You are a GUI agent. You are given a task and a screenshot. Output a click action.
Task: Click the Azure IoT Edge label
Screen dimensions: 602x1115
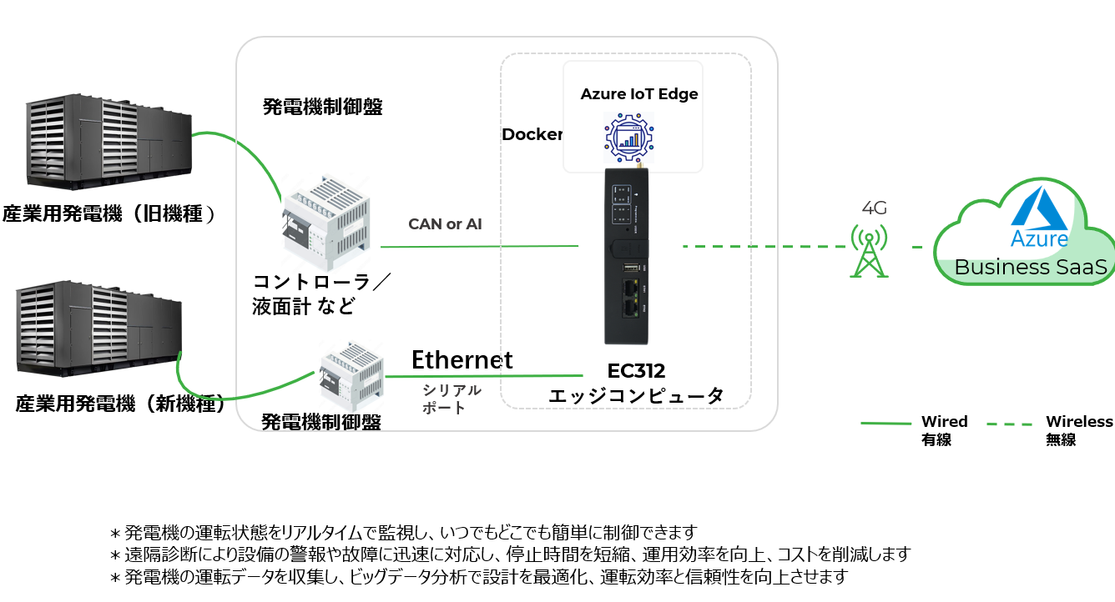pos(639,93)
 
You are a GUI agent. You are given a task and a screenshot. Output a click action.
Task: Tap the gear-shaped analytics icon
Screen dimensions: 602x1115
pos(629,137)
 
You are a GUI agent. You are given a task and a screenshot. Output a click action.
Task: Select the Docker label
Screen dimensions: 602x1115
pos(532,134)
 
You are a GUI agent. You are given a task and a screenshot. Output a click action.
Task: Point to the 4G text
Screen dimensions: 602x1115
pos(874,208)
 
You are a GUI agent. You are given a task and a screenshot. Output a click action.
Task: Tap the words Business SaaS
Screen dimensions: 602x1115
pos(1030,268)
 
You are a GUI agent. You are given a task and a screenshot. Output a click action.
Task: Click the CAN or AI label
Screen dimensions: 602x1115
pos(445,224)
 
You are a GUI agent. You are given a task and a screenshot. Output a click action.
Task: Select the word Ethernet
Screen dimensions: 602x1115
pos(462,359)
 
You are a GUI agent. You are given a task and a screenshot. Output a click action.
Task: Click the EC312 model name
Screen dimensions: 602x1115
pos(636,371)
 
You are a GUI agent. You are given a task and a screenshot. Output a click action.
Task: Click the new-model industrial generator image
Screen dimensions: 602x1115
pos(98,329)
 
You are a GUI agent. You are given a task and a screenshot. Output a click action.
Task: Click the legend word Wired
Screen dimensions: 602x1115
pos(944,422)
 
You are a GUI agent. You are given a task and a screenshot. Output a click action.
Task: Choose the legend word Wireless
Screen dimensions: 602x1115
pos(1079,422)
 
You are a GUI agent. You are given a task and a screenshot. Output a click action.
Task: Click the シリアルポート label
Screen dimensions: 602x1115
pos(452,399)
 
